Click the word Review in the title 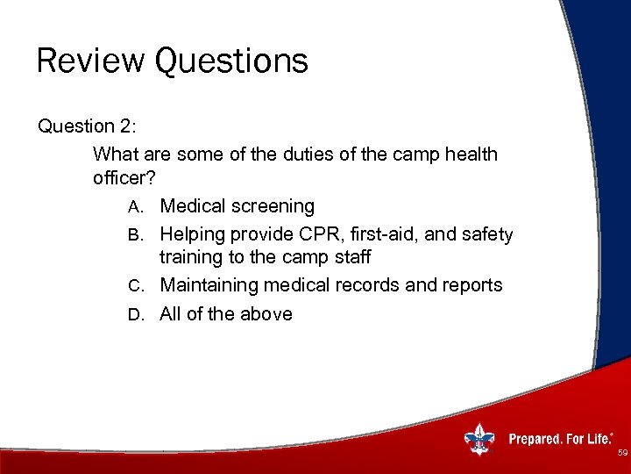91,61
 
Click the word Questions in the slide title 231,61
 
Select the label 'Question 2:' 87,126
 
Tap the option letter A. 134,207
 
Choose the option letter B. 134,235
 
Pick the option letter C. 134,286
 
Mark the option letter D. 134,314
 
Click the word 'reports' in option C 471,286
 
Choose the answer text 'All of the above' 225,314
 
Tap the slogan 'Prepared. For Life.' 561,439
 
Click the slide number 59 621,454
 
